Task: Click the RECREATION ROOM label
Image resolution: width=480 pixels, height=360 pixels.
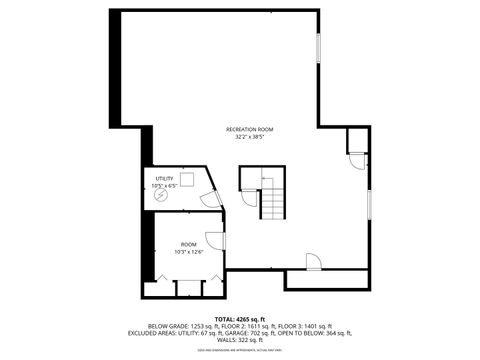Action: click(249, 129)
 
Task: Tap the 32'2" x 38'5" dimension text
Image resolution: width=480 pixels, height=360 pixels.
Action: click(249, 137)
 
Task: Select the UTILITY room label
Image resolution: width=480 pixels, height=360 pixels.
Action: click(164, 178)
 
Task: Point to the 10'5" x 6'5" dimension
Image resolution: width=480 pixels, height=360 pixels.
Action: click(164, 185)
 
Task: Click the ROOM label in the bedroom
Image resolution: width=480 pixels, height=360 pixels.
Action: click(189, 244)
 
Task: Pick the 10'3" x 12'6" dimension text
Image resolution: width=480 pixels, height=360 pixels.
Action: click(189, 251)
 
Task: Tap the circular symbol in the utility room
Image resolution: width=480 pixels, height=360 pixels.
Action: click(162, 196)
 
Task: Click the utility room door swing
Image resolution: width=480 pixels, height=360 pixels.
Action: click(210, 199)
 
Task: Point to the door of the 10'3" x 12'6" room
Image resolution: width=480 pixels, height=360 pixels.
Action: click(214, 240)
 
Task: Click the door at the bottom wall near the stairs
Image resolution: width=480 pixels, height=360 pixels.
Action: click(313, 262)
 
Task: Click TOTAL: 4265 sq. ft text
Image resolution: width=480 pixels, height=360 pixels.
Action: click(239, 319)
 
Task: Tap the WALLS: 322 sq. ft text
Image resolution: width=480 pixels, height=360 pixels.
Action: click(239, 340)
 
